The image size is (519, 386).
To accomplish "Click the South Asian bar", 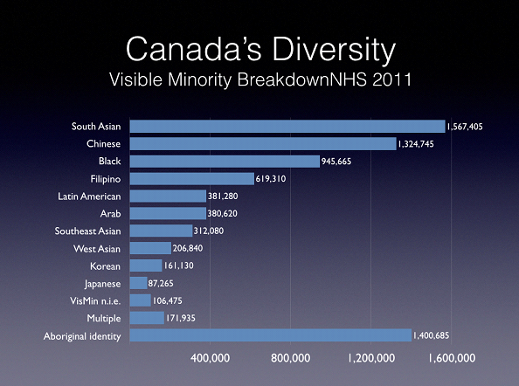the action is pyautogui.click(x=287, y=127).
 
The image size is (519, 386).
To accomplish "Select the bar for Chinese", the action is pyautogui.click(x=263, y=144).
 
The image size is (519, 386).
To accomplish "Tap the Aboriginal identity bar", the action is pyautogui.click(x=271, y=335).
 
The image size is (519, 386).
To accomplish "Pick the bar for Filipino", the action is pyautogui.click(x=192, y=179).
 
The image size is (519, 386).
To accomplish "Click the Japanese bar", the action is pyautogui.click(x=138, y=283).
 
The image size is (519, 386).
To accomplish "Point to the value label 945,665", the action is pyautogui.click(x=336, y=162).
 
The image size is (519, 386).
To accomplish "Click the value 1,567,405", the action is pyautogui.click(x=465, y=127).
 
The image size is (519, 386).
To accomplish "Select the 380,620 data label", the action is pyautogui.click(x=223, y=214).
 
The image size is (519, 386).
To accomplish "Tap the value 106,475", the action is pyautogui.click(x=167, y=300).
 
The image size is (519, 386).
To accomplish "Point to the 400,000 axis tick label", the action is pyautogui.click(x=210, y=358).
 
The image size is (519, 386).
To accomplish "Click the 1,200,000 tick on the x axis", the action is pyautogui.click(x=371, y=358).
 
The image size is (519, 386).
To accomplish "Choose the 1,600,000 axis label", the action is pyautogui.click(x=452, y=358).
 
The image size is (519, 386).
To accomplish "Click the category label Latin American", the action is pyautogui.click(x=89, y=196).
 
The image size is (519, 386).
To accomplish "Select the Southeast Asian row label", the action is pyautogui.click(x=87, y=231).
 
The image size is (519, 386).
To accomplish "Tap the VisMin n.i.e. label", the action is pyautogui.click(x=95, y=301).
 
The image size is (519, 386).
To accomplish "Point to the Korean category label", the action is pyautogui.click(x=105, y=266).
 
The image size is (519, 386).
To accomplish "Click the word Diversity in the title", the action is pyautogui.click(x=334, y=51).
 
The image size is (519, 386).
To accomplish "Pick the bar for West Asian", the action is pyautogui.click(x=150, y=248).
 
